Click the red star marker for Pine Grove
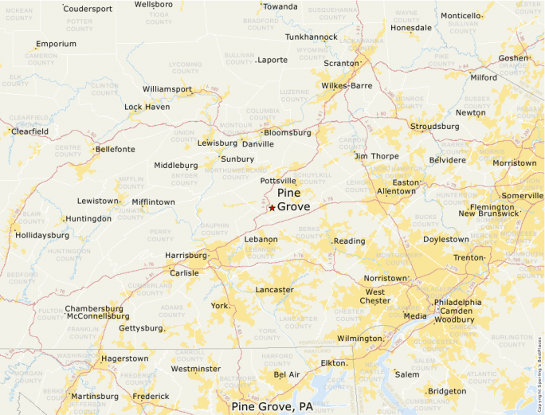(272, 207)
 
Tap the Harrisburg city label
(185, 256)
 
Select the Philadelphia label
(457, 303)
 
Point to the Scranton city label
(340, 63)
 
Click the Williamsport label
(167, 89)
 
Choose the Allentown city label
(396, 191)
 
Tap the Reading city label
(349, 241)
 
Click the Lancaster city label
(274, 290)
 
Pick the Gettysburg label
(140, 328)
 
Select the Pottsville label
(278, 181)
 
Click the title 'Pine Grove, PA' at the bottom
(272, 406)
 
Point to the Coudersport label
(88, 8)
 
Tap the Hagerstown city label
(124, 358)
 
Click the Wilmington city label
(359, 339)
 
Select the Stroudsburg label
(434, 126)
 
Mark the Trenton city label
(469, 258)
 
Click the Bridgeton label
(447, 391)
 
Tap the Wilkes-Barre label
(347, 85)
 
